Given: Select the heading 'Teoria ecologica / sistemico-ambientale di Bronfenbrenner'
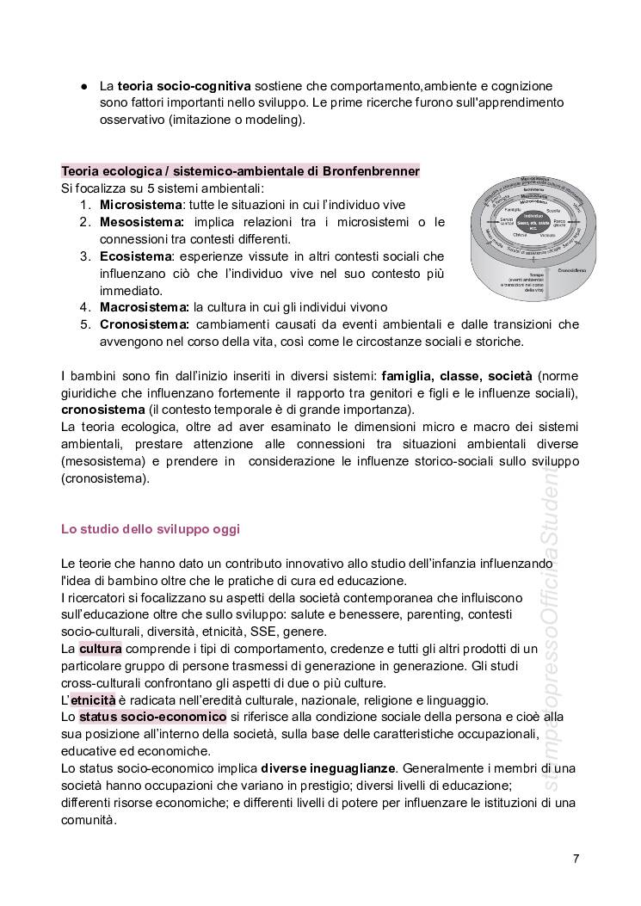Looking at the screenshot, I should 240,171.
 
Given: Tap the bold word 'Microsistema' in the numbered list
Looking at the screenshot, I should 141,205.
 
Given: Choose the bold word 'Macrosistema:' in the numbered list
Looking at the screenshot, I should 145,306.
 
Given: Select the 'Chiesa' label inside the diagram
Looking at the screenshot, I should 520,234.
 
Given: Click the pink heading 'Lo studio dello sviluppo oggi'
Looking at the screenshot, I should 151,529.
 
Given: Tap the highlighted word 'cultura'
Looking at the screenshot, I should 101,649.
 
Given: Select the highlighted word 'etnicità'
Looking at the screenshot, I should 93,700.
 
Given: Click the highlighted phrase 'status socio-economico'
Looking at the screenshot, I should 153,716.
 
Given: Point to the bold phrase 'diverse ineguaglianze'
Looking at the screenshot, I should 329,767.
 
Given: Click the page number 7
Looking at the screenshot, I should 576,858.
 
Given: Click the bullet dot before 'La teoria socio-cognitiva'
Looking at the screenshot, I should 84,86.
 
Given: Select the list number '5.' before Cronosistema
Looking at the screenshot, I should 85,324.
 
